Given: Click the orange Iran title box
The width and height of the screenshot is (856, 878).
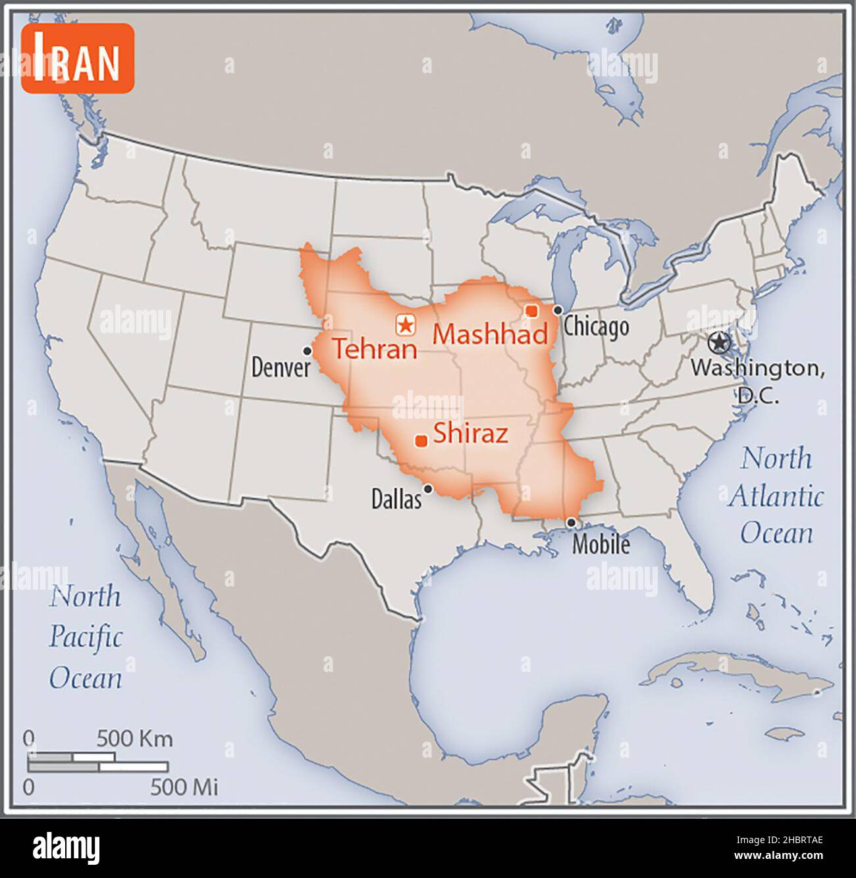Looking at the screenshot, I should (77, 59).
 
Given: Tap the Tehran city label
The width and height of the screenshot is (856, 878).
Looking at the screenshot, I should (374, 349).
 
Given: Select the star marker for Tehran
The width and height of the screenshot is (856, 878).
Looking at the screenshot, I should (406, 324).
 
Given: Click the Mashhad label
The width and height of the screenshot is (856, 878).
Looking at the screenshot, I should (490, 334).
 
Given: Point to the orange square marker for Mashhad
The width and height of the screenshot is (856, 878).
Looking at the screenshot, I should (531, 311).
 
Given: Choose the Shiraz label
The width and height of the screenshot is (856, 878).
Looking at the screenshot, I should (470, 434).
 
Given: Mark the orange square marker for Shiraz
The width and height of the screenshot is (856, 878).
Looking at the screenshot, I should (421, 441).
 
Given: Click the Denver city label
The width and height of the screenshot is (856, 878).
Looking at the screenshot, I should (281, 367).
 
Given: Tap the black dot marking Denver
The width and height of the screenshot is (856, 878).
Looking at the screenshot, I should (307, 350).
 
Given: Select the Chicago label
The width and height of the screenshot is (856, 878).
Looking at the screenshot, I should (596, 326).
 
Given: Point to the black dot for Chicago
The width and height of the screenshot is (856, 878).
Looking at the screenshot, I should (558, 310).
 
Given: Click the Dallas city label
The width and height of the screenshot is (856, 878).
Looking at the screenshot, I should (396, 500).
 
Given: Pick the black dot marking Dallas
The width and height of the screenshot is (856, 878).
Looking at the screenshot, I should (427, 488).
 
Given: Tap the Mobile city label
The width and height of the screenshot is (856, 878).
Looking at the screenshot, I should (601, 544).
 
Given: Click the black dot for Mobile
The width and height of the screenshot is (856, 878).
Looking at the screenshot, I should (571, 523).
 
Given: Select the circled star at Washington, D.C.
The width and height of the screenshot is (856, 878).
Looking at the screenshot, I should (720, 342).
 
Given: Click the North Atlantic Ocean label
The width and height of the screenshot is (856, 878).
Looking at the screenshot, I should (776, 495).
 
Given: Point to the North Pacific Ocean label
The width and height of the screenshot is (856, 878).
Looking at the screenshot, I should (86, 636).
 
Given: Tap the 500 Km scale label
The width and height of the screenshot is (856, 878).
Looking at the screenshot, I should (134, 738).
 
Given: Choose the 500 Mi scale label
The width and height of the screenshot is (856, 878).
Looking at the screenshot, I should (184, 787).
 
